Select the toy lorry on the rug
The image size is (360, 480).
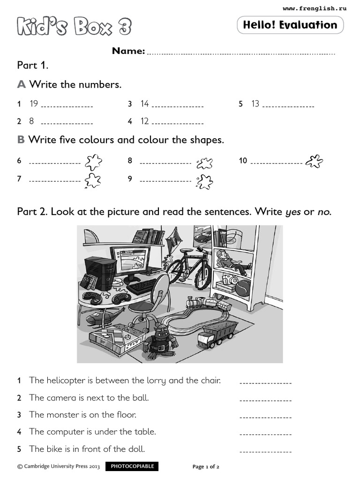(x=216, y=334)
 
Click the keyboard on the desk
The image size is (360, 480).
(x=142, y=285)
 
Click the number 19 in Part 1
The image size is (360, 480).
(x=34, y=104)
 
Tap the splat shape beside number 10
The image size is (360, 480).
(x=314, y=161)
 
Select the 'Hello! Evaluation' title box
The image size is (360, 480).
(x=290, y=25)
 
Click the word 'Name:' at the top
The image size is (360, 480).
(x=128, y=51)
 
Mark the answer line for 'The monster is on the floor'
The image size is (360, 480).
(x=265, y=416)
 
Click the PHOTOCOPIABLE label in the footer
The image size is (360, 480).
(x=132, y=466)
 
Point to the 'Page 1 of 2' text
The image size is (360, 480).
(x=206, y=467)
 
